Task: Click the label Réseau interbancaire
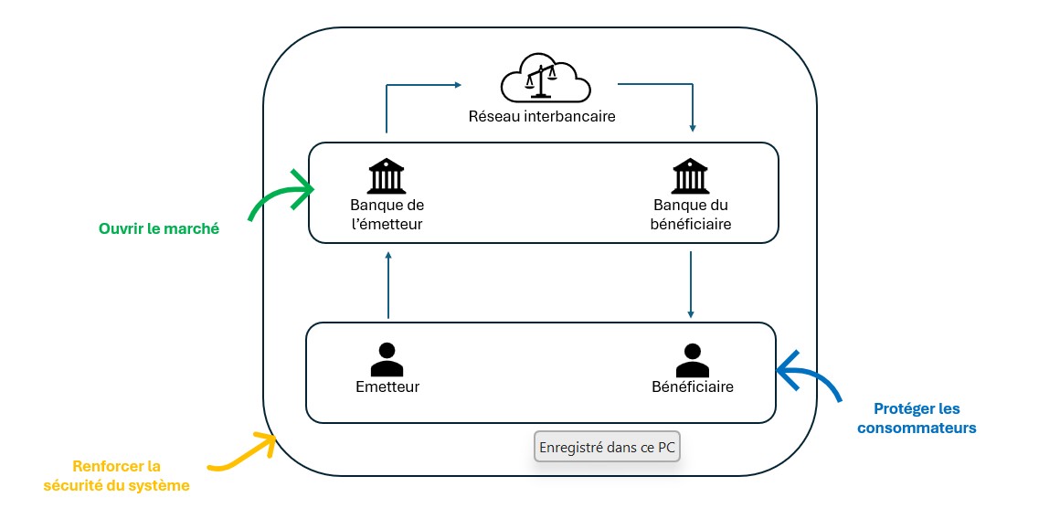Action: (542, 117)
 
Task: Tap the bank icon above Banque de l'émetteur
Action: (387, 175)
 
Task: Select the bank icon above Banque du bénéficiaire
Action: (691, 175)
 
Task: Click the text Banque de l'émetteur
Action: (387, 214)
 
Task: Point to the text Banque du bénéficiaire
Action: (692, 214)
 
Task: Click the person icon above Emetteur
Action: (387, 359)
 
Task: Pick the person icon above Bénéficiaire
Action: (692, 359)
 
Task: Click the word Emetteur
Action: (387, 386)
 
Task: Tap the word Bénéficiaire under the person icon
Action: (693, 386)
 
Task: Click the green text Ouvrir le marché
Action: (159, 229)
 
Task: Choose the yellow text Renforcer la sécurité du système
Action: (117, 476)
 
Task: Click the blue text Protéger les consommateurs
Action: (917, 418)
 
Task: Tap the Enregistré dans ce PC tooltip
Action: (607, 448)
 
